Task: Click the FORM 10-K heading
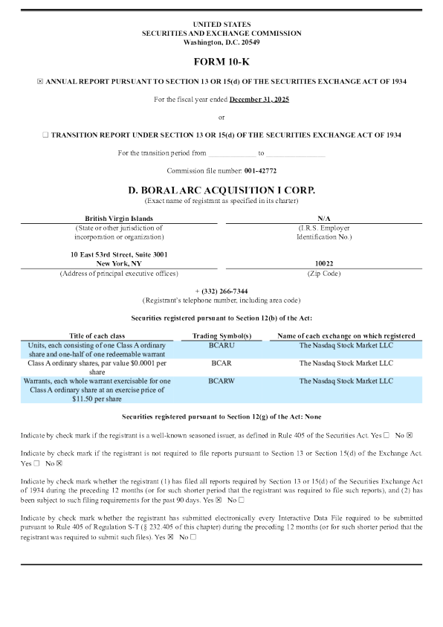coord(221,62)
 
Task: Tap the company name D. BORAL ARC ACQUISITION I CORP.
coord(221,190)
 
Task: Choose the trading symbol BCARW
coord(221,381)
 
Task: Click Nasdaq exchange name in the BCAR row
coord(346,364)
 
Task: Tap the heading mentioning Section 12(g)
coord(221,417)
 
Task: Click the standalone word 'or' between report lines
coord(221,117)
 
